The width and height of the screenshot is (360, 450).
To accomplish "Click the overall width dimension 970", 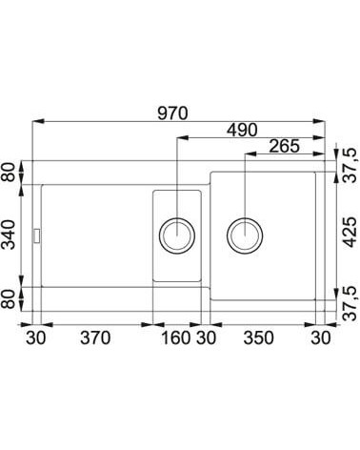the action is (x=172, y=113).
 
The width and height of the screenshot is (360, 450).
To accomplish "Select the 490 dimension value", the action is (x=242, y=130).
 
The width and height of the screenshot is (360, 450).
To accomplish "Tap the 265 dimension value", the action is (x=284, y=146).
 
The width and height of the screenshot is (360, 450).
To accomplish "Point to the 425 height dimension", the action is (x=350, y=232).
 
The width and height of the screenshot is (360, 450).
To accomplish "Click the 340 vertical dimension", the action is (x=9, y=235).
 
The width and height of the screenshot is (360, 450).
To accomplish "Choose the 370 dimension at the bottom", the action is (x=95, y=337).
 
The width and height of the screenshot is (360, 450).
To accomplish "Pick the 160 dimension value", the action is (x=176, y=337).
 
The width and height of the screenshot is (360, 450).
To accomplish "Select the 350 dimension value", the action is (x=258, y=337).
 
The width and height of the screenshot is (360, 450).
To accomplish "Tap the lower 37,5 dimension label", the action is (x=350, y=303).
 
